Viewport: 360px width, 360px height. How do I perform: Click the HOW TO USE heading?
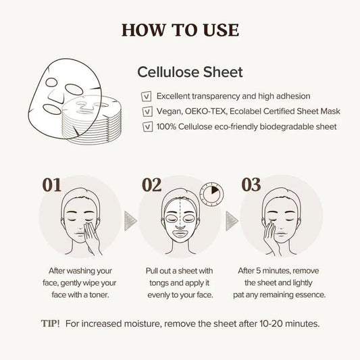[180, 30]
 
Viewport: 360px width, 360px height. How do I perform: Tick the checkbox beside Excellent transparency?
[146, 97]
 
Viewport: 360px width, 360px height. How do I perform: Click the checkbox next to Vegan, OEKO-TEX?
[146, 111]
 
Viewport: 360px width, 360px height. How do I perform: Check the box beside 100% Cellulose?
[146, 126]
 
